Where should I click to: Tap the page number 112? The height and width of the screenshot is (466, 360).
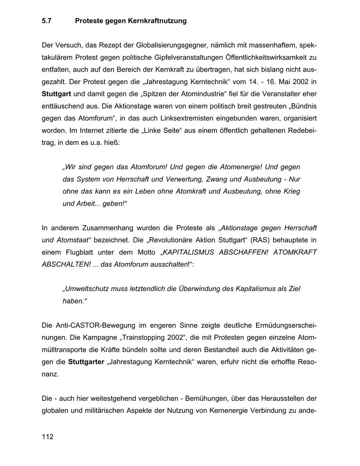(47, 437)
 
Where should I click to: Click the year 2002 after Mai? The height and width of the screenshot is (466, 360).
(300, 82)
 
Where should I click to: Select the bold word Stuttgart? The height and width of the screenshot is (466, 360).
(57, 94)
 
